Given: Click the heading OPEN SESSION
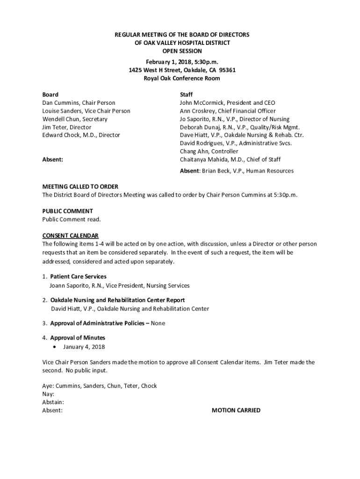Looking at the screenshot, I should tap(182, 51).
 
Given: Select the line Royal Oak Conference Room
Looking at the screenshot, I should tap(182, 78).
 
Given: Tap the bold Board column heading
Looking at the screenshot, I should tap(50, 94).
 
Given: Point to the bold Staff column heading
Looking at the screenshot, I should tap(186, 94).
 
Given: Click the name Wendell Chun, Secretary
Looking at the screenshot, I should tap(75, 119).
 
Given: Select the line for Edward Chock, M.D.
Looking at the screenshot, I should tap(81, 135).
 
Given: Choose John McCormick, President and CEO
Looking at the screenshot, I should tap(227, 103).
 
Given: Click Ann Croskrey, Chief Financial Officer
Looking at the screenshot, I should tap(228, 111).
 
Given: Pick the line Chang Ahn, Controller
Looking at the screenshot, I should tap(209, 152).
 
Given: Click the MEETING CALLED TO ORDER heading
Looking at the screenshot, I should tap(80, 187).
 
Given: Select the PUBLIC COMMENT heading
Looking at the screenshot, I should tap(67, 211).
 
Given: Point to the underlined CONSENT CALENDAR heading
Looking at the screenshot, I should tap(70, 235).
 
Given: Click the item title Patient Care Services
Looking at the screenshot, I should tap(78, 276).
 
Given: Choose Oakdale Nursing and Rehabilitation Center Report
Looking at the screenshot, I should tap(117, 300).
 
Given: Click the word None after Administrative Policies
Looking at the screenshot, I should tap(158, 323).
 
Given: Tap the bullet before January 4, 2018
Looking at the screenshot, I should tap(56, 347).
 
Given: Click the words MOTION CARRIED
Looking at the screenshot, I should tap(236, 410).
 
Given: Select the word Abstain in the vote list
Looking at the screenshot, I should tap(52, 402).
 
